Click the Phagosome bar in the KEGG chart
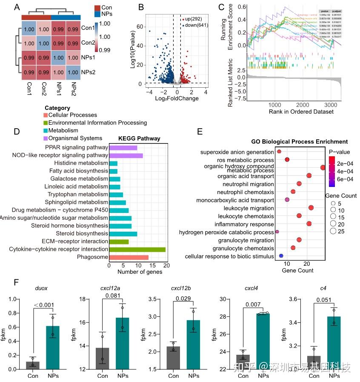pos(129,257)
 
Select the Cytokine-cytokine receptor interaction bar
pos(137,250)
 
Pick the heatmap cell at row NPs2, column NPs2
pos(73,72)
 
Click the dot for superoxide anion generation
pos(279,152)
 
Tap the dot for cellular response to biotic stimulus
pos(281,256)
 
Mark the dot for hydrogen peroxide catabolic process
pos(277,232)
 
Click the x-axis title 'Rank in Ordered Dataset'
pos(301,112)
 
